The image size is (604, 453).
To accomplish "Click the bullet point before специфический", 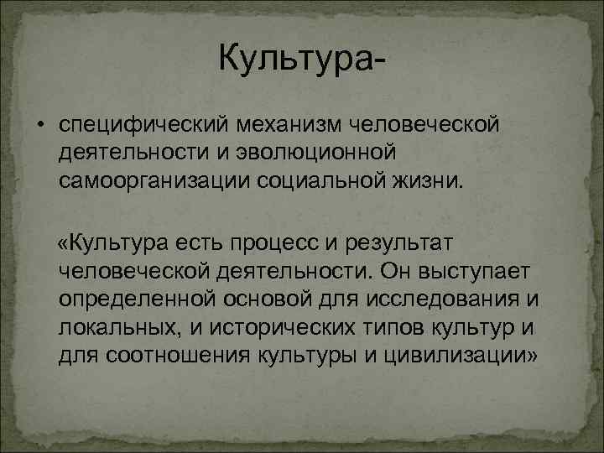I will click(39, 126).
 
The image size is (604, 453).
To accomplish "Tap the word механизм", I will click(278, 126).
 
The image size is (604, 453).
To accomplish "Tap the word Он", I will click(396, 272).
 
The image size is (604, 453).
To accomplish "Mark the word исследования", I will click(442, 299).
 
